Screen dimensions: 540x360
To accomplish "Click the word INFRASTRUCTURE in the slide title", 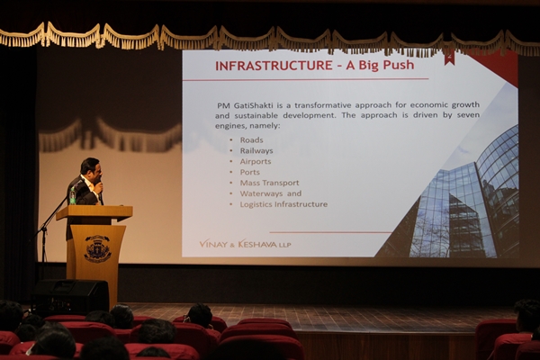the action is point(274,65).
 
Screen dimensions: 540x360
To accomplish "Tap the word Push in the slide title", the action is point(399,65).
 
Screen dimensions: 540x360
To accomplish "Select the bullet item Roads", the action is point(251,139).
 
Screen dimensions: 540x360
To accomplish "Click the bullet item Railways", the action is point(256,150).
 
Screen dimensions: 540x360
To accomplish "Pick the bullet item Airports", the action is point(256,161).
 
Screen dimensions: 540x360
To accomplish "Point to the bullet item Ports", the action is point(249,172).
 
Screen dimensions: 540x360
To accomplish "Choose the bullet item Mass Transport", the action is point(269,183).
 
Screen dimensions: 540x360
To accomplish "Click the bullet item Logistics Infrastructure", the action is point(283,204).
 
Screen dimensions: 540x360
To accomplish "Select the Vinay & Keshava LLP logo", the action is point(245,244).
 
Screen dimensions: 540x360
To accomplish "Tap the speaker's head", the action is point(90,167).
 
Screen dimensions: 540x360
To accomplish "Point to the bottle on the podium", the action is point(72,197).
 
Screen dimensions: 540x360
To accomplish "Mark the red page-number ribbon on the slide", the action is point(448,58).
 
